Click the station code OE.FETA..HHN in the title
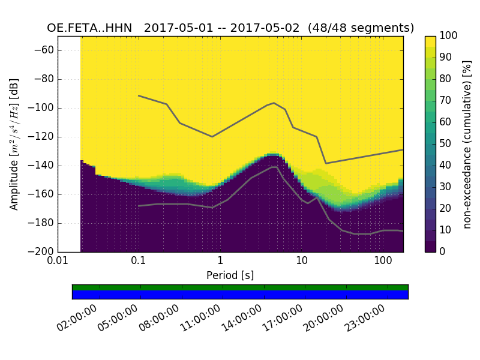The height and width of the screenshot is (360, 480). point(92,28)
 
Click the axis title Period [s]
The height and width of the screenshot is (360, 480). point(230,275)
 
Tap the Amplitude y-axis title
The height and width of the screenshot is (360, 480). point(14,144)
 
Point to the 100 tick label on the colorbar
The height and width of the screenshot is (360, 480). point(449,36)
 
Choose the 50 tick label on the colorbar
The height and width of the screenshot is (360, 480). point(446,143)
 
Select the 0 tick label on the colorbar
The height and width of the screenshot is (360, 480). point(444,251)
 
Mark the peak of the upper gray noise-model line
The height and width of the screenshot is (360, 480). point(274,103)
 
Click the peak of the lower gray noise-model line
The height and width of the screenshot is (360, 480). point(275,167)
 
